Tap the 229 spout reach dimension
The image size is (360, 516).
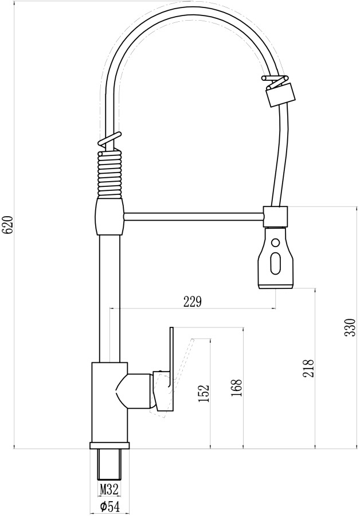click(192, 301)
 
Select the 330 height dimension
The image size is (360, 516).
click(350, 327)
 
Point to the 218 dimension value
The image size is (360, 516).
click(308, 368)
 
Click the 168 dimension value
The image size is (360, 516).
click(236, 388)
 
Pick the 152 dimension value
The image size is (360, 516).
click(204, 393)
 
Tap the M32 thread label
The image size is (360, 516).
click(109, 490)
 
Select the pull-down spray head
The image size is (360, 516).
click(275, 257)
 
